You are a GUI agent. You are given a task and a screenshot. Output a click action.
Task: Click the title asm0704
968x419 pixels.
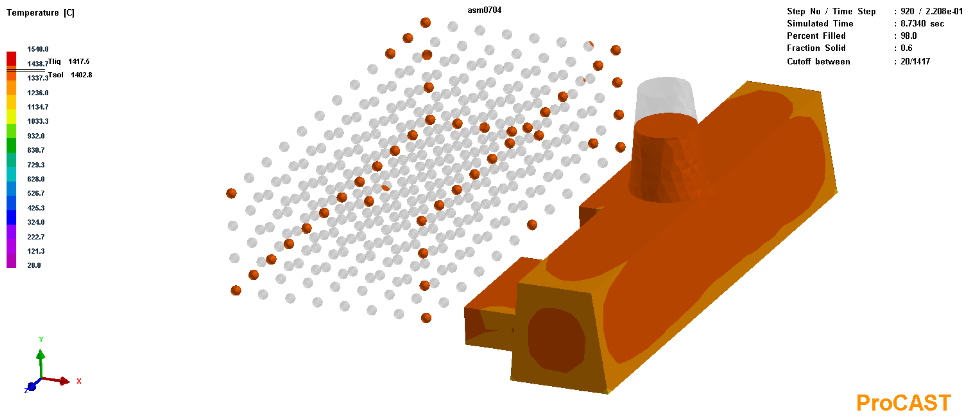[x=484, y=10]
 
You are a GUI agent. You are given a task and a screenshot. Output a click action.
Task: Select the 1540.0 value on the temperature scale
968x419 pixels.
[x=38, y=49]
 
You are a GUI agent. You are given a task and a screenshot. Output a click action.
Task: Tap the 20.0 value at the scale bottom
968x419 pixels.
[x=34, y=265]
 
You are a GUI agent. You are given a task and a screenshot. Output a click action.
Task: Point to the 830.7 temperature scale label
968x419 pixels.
[x=36, y=150]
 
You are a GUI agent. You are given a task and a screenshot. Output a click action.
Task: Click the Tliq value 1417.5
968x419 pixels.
[x=78, y=61]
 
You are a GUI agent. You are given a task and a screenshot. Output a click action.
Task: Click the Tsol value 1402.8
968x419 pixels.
[x=81, y=75]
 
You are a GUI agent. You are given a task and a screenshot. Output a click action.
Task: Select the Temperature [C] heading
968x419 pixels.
[x=40, y=13]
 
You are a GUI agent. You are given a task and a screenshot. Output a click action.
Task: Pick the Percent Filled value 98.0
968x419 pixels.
[x=908, y=36]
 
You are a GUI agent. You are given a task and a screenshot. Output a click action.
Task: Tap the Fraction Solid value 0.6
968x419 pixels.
[x=906, y=48]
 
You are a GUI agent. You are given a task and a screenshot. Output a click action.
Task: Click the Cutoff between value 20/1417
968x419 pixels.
[x=915, y=61]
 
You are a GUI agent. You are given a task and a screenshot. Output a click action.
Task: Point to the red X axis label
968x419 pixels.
[x=79, y=381]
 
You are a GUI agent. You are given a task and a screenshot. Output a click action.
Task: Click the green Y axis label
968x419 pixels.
[x=41, y=339]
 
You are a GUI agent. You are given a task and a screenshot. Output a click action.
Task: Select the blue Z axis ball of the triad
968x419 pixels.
[x=32, y=386]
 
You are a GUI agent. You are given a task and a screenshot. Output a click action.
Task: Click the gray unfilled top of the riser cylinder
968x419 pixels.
[x=665, y=96]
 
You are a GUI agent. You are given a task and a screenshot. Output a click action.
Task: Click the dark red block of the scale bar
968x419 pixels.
[x=11, y=59]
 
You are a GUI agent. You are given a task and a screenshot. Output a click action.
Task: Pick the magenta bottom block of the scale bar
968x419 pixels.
[x=11, y=260]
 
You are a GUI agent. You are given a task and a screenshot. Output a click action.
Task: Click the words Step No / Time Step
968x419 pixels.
[x=831, y=12]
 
